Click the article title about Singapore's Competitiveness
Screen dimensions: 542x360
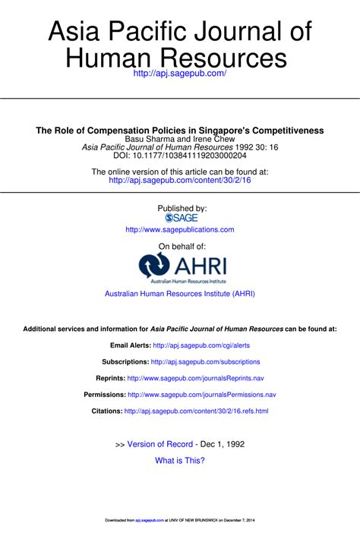tap(180, 131)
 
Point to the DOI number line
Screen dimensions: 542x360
tap(180, 156)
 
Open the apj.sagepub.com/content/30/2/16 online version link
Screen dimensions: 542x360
tap(180, 181)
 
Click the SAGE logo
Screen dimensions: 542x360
tap(180, 217)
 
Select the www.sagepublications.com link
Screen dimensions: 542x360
tap(180, 229)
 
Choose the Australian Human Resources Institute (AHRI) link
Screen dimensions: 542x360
tap(180, 293)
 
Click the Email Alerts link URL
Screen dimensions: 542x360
tap(201, 345)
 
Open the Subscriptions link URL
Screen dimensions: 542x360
tap(206, 362)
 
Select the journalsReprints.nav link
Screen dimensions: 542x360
tap(196, 378)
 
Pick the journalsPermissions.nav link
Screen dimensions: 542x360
tap(202, 395)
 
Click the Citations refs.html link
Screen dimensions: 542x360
tap(196, 411)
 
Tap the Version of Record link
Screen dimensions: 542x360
tap(159, 443)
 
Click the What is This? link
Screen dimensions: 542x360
tap(180, 460)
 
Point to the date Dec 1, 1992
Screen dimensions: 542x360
tap(223, 443)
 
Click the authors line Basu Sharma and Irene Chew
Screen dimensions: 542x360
tap(180, 140)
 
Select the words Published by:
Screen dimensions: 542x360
tap(180, 207)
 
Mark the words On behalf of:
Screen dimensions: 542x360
tap(180, 246)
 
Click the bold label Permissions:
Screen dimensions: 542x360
tap(104, 395)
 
